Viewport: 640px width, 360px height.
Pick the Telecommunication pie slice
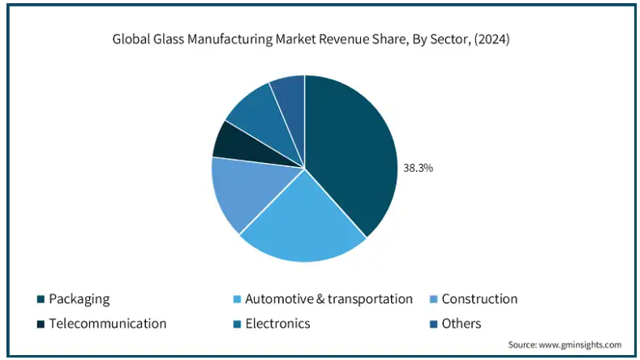pyautogui.click(x=235, y=142)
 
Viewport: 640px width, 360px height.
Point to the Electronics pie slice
pyautogui.click(x=256, y=114)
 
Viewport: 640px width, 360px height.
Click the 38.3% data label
pyautogui.click(x=419, y=169)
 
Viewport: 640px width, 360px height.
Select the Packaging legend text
pyautogui.click(x=79, y=299)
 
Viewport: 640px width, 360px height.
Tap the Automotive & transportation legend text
pyautogui.click(x=329, y=299)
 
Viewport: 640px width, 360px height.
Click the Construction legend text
pyautogui.click(x=479, y=299)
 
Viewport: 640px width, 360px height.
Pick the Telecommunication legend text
pyautogui.click(x=107, y=324)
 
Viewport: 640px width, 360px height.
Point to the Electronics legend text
pyautogui.click(x=277, y=324)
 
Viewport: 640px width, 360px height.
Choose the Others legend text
pyautogui.click(x=462, y=324)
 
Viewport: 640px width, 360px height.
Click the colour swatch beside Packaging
pyautogui.click(x=40, y=300)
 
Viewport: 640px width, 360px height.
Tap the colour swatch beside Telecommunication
pyautogui.click(x=40, y=324)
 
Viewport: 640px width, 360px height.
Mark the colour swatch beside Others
pyautogui.click(x=434, y=324)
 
